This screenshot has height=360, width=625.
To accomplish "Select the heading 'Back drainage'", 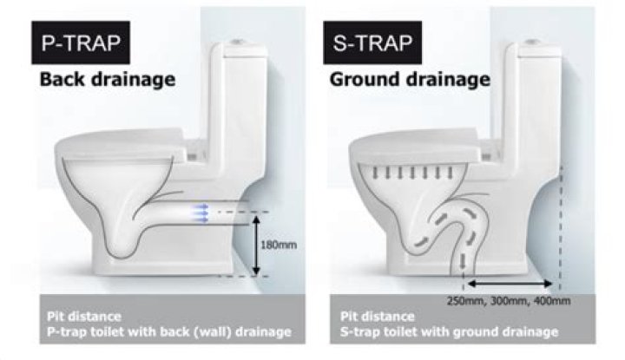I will (107, 81).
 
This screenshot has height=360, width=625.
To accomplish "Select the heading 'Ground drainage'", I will (410, 81).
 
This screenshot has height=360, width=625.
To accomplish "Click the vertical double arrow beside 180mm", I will (257, 245).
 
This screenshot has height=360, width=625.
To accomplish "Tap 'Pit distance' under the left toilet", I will (82, 316).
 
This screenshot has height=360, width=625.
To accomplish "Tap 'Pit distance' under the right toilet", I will (371, 316).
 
